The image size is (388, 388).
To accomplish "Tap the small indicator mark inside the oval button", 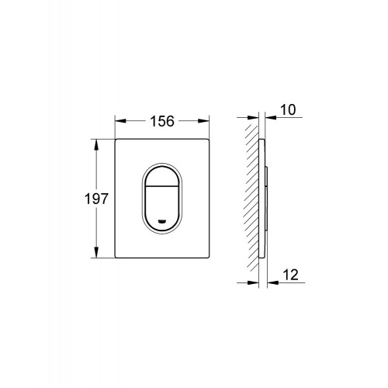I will click(x=161, y=223).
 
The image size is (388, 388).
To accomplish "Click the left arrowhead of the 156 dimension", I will click(x=120, y=120).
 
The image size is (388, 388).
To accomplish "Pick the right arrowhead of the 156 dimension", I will click(x=207, y=120).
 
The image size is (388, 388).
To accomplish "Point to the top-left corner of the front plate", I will click(x=117, y=141).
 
